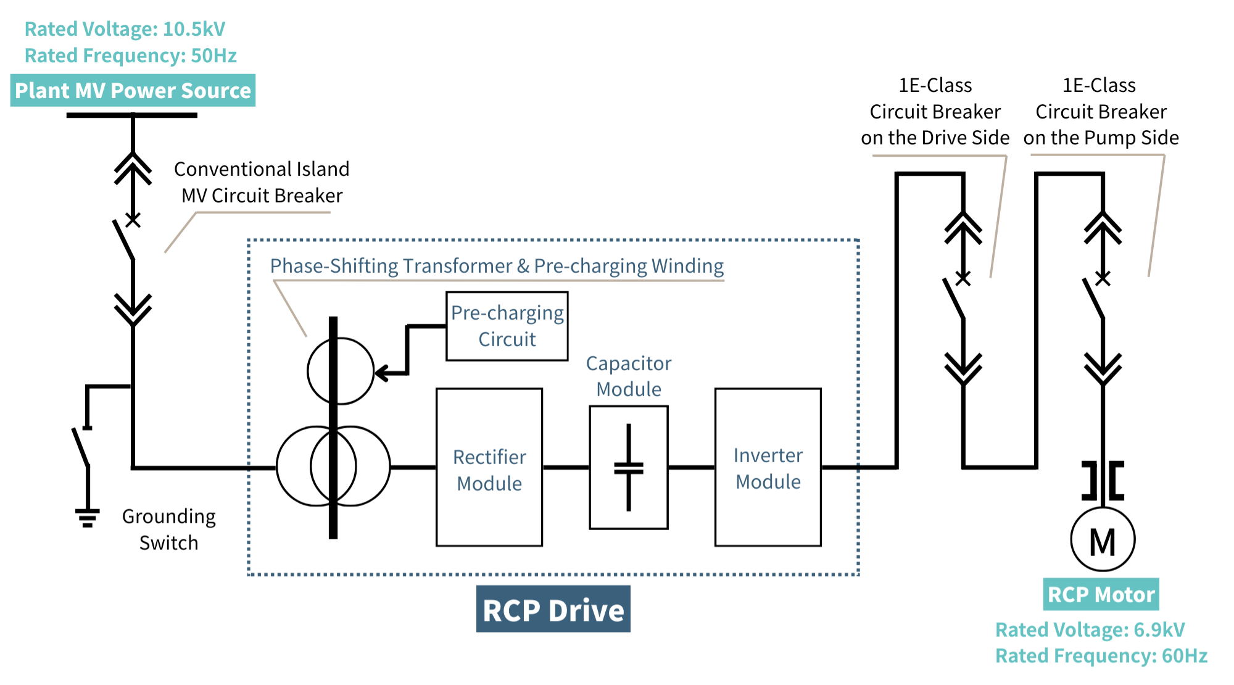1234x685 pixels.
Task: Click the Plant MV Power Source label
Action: (x=133, y=91)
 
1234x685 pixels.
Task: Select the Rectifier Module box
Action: (x=489, y=468)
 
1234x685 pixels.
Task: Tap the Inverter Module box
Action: (x=768, y=468)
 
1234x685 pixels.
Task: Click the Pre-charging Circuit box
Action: (x=507, y=326)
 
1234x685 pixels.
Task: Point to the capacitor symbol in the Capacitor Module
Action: (x=629, y=468)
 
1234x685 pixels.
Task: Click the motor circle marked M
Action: (x=1103, y=540)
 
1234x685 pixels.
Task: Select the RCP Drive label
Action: (x=553, y=609)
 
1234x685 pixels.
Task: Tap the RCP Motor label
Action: (x=1101, y=594)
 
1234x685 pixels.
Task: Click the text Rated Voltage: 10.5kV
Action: (x=125, y=29)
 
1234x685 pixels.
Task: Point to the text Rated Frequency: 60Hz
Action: (x=1101, y=655)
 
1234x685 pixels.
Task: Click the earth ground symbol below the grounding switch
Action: (x=88, y=517)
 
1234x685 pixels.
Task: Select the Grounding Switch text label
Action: (x=168, y=529)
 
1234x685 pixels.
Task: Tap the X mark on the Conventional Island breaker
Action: (x=133, y=220)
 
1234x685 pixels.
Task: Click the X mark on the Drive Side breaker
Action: (x=963, y=278)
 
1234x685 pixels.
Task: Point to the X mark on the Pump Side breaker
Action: (x=1103, y=278)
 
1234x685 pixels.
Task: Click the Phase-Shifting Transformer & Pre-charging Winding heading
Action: (x=497, y=266)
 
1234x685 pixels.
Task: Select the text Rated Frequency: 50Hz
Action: (x=131, y=56)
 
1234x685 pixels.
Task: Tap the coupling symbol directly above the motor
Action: (x=1103, y=480)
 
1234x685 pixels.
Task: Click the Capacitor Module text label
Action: (x=629, y=376)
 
